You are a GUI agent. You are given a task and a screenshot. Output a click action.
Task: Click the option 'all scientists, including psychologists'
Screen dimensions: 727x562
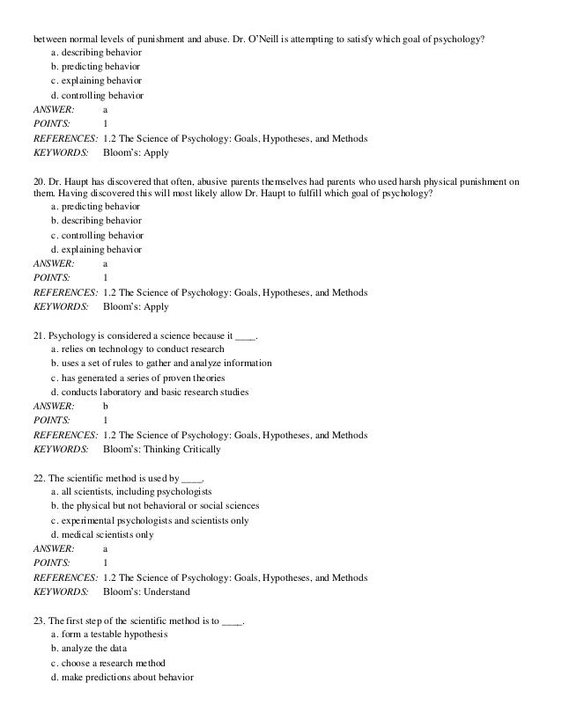[x=136, y=490]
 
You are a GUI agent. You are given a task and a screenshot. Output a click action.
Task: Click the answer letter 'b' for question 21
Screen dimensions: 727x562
[x=106, y=407]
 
